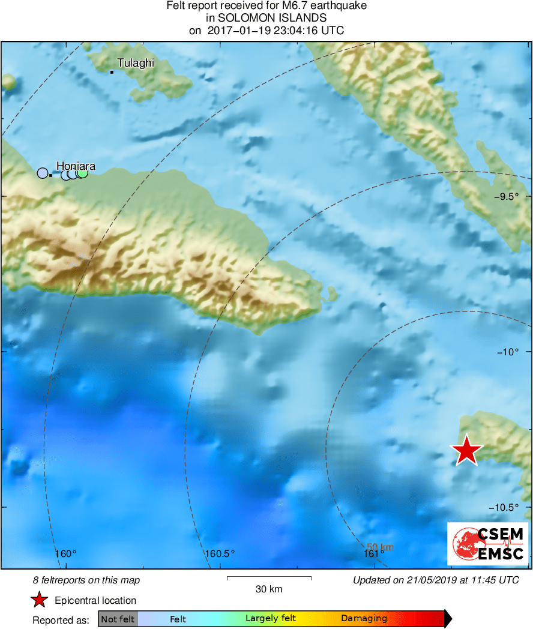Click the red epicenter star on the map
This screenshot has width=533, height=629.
tap(466, 451)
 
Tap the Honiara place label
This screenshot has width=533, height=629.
tap(76, 166)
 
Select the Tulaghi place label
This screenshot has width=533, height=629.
tap(136, 63)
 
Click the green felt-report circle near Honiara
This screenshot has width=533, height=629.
tap(83, 173)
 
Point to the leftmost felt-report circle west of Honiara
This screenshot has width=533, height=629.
tap(43, 173)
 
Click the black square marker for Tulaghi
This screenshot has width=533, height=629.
tap(112, 72)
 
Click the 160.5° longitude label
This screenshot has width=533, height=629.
tap(220, 553)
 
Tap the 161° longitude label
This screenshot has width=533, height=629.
tap(375, 553)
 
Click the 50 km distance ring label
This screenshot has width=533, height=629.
tap(380, 547)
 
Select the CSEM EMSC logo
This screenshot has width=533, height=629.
tap(487, 544)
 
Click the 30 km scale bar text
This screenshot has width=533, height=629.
tap(269, 589)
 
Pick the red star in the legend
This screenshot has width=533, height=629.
tap(40, 600)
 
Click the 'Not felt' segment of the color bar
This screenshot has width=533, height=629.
tap(118, 619)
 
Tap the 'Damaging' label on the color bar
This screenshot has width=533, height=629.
tap(364, 619)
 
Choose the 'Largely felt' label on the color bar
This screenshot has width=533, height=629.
tap(270, 619)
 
